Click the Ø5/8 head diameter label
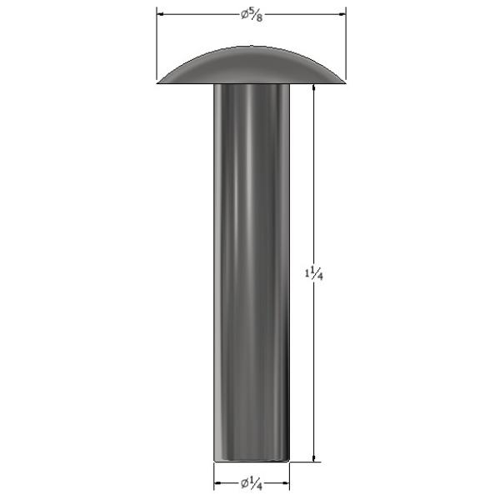coord(252,15)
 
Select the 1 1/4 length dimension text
coord(314,274)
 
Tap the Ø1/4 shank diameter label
coord(252,483)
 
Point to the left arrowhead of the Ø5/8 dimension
coord(161,14)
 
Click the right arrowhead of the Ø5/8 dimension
coord(342,14)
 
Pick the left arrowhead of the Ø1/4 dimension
coord(217,483)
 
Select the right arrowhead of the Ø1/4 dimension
coord(286,483)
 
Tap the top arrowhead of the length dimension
coord(314,88)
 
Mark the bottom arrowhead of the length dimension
coord(314,457)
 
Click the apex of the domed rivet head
coord(252,47)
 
